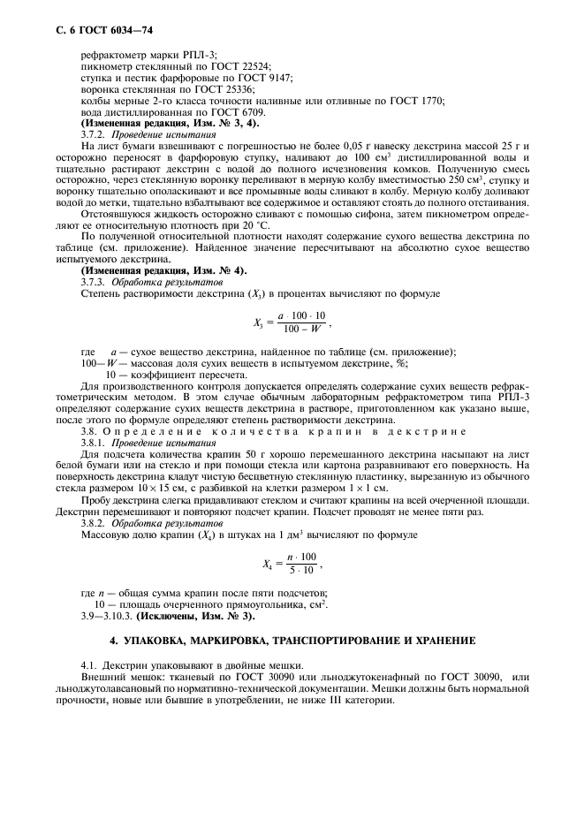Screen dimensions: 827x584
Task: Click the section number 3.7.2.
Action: [x=93, y=134]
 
